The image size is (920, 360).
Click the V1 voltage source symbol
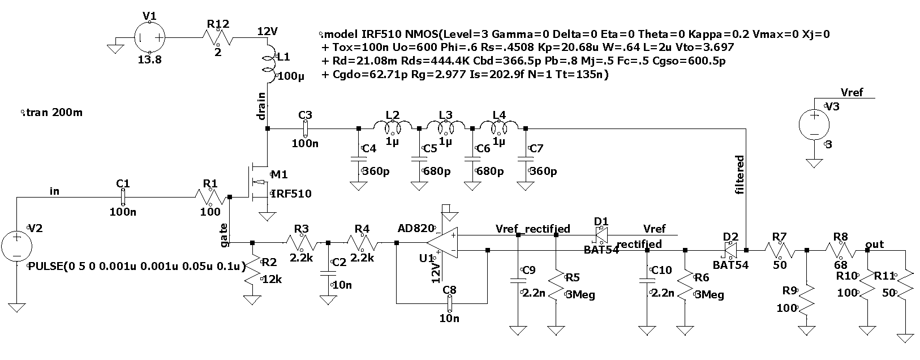pos(149,37)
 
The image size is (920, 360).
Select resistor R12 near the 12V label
pos(217,37)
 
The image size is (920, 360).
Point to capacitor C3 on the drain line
pos(306,129)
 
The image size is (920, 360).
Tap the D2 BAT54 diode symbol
pos(730,250)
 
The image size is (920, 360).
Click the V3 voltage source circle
pos(814,124)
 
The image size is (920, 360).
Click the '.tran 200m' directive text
pos(51,113)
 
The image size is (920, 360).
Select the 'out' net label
pos(875,245)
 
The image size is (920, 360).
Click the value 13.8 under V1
pos(149,59)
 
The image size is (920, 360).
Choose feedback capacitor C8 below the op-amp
pos(450,303)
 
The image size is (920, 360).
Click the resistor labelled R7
pos(780,250)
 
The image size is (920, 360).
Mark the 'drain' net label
pos(261,106)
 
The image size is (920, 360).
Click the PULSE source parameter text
pos(136,265)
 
